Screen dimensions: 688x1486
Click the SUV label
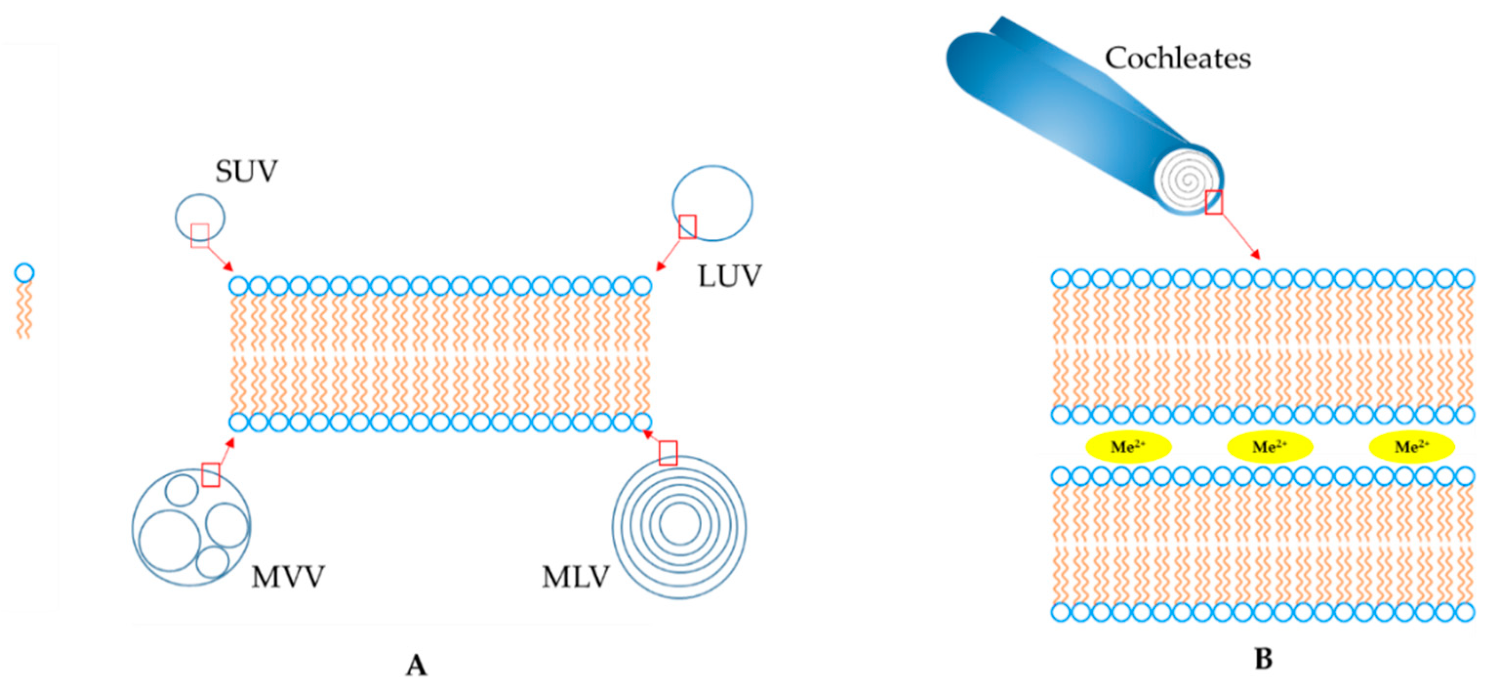pyautogui.click(x=246, y=171)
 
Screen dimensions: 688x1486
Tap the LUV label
pyautogui.click(x=729, y=277)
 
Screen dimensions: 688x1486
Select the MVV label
pyautogui.click(x=287, y=577)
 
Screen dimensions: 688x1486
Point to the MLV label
pyautogui.click(x=575, y=577)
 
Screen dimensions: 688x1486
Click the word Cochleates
pyautogui.click(x=1177, y=58)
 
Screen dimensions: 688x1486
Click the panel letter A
pyautogui.click(x=416, y=666)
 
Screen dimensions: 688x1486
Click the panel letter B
pyautogui.click(x=1264, y=659)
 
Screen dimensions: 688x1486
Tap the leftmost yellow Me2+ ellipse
pyautogui.click(x=1128, y=447)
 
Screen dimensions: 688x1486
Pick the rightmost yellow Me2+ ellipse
pyautogui.click(x=1411, y=447)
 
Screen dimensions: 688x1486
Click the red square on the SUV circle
pyautogui.click(x=200, y=236)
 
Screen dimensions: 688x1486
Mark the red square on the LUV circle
pyautogui.click(x=687, y=227)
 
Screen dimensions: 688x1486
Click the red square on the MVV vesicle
pyautogui.click(x=211, y=474)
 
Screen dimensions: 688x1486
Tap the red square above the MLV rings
pyautogui.click(x=668, y=453)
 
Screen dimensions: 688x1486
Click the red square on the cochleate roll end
pyautogui.click(x=1214, y=202)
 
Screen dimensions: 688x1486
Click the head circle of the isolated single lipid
pyautogui.click(x=24, y=272)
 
